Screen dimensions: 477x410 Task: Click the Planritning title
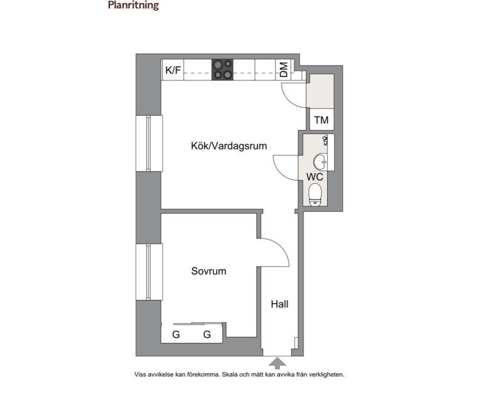click(x=133, y=5)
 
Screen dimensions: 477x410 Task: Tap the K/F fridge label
click(x=173, y=70)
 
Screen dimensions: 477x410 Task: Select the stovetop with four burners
click(x=222, y=70)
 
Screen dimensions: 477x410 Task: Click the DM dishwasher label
click(x=284, y=70)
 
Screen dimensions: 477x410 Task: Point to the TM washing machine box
click(x=322, y=120)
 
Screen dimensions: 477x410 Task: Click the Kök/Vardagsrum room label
click(x=229, y=146)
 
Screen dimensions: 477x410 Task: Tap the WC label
click(x=314, y=177)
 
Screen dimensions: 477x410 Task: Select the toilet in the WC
click(x=315, y=195)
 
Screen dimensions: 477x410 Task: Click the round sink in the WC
click(x=320, y=162)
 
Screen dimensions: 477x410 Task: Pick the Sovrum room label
click(x=209, y=271)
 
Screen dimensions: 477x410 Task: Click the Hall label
click(x=279, y=304)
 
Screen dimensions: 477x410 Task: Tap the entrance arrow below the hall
click(x=277, y=363)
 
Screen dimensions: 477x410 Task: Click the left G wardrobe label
click(x=176, y=334)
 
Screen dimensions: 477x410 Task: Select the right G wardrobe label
click(x=207, y=334)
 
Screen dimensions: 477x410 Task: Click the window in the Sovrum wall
click(x=149, y=272)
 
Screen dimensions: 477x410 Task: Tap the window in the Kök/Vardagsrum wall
click(x=149, y=143)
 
